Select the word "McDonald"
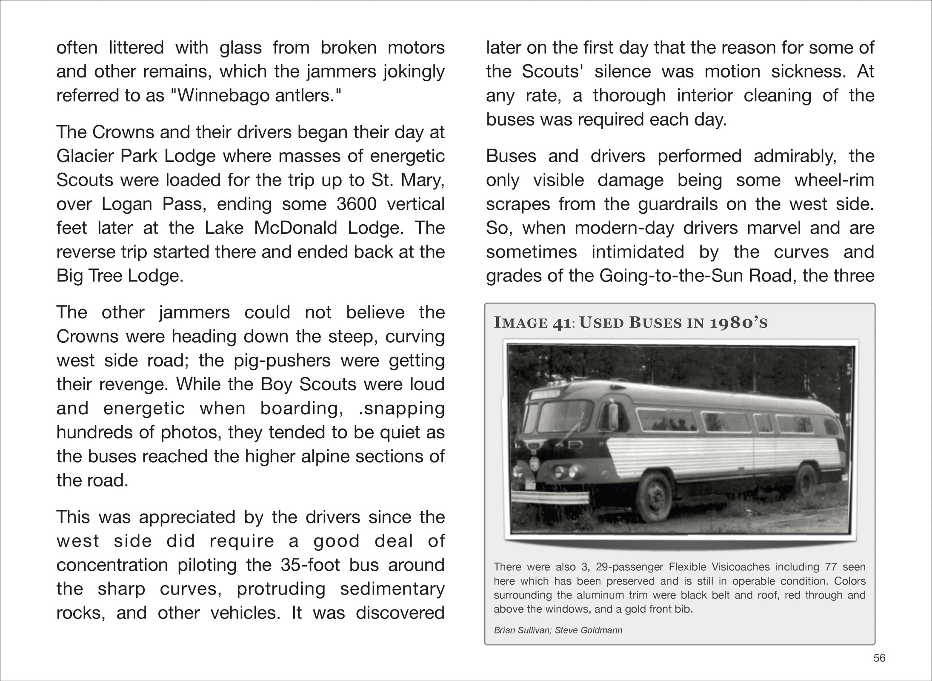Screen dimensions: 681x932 pos(295,228)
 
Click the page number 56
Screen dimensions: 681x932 pos(879,658)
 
